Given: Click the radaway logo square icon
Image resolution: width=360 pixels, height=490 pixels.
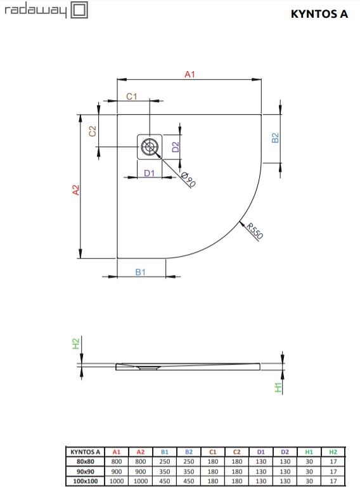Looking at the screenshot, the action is tap(79, 10).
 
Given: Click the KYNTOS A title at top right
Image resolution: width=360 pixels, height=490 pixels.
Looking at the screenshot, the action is tap(319, 14).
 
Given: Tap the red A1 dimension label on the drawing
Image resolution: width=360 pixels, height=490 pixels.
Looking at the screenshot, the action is tap(190, 74).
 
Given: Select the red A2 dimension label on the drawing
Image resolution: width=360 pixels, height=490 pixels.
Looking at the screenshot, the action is tap(76, 190).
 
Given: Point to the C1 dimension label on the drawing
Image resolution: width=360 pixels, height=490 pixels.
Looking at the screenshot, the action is tap(132, 96).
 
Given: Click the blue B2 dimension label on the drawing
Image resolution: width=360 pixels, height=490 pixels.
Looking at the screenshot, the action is tap(275, 138).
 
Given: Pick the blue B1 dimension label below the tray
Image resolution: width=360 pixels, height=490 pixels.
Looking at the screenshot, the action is tap(140, 272).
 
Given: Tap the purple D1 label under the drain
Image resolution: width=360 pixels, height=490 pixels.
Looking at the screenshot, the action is tap(149, 173).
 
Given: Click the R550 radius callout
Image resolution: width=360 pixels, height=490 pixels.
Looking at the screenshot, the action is tap(255, 231).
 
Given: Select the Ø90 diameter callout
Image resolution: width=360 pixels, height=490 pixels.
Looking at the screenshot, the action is tap(188, 179).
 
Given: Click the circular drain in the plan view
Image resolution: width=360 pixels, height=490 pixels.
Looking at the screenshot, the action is tap(150, 147).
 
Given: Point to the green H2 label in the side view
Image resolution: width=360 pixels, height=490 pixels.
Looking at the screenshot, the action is tap(76, 344).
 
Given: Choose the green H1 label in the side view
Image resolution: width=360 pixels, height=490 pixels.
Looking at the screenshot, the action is tap(278, 387).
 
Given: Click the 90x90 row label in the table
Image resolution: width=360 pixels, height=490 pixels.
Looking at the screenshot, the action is tap(86, 471).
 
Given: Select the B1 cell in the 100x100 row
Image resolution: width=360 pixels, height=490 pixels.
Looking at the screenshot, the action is tap(165, 481).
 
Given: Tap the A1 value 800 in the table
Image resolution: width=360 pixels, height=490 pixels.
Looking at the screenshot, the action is tap(117, 461).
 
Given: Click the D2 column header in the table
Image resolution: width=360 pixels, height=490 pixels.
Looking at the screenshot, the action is tap(285, 452).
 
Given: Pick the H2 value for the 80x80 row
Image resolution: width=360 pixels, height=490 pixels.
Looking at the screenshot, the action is tap(333, 461).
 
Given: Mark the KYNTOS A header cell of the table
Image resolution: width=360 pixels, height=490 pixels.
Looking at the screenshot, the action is tap(86, 452).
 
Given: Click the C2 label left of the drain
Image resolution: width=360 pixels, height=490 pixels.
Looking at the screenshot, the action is tap(92, 131).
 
